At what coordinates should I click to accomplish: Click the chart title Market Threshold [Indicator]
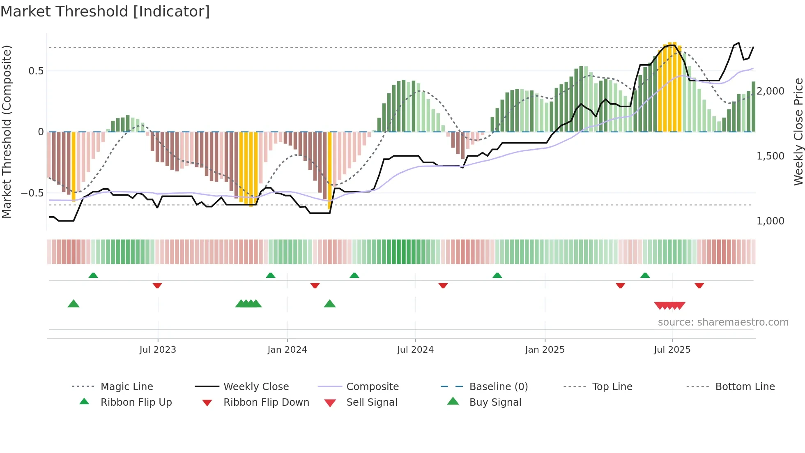[105, 12]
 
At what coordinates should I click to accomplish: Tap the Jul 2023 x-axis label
[158, 350]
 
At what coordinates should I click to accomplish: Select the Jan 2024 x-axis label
[287, 350]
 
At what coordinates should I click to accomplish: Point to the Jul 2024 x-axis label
[415, 350]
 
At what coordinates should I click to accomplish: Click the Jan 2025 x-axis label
[545, 350]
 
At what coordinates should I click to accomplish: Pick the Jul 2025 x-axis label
[672, 350]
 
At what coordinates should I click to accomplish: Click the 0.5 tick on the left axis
[36, 71]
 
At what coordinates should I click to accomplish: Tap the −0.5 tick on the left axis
[32, 193]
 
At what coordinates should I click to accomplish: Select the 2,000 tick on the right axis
[770, 91]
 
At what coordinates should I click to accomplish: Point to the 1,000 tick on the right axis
[770, 221]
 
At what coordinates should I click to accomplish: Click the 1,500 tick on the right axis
[770, 156]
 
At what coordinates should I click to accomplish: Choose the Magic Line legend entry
[126, 387]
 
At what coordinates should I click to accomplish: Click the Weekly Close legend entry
[256, 387]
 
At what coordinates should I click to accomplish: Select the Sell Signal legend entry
[372, 402]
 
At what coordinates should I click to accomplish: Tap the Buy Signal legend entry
[495, 402]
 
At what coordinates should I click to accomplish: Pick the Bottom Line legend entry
[745, 387]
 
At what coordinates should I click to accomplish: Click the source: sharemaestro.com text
[723, 322]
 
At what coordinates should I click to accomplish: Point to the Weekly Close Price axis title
[798, 132]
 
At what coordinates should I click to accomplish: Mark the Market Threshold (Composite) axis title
[7, 132]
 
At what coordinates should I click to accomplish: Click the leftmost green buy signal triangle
[74, 304]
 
